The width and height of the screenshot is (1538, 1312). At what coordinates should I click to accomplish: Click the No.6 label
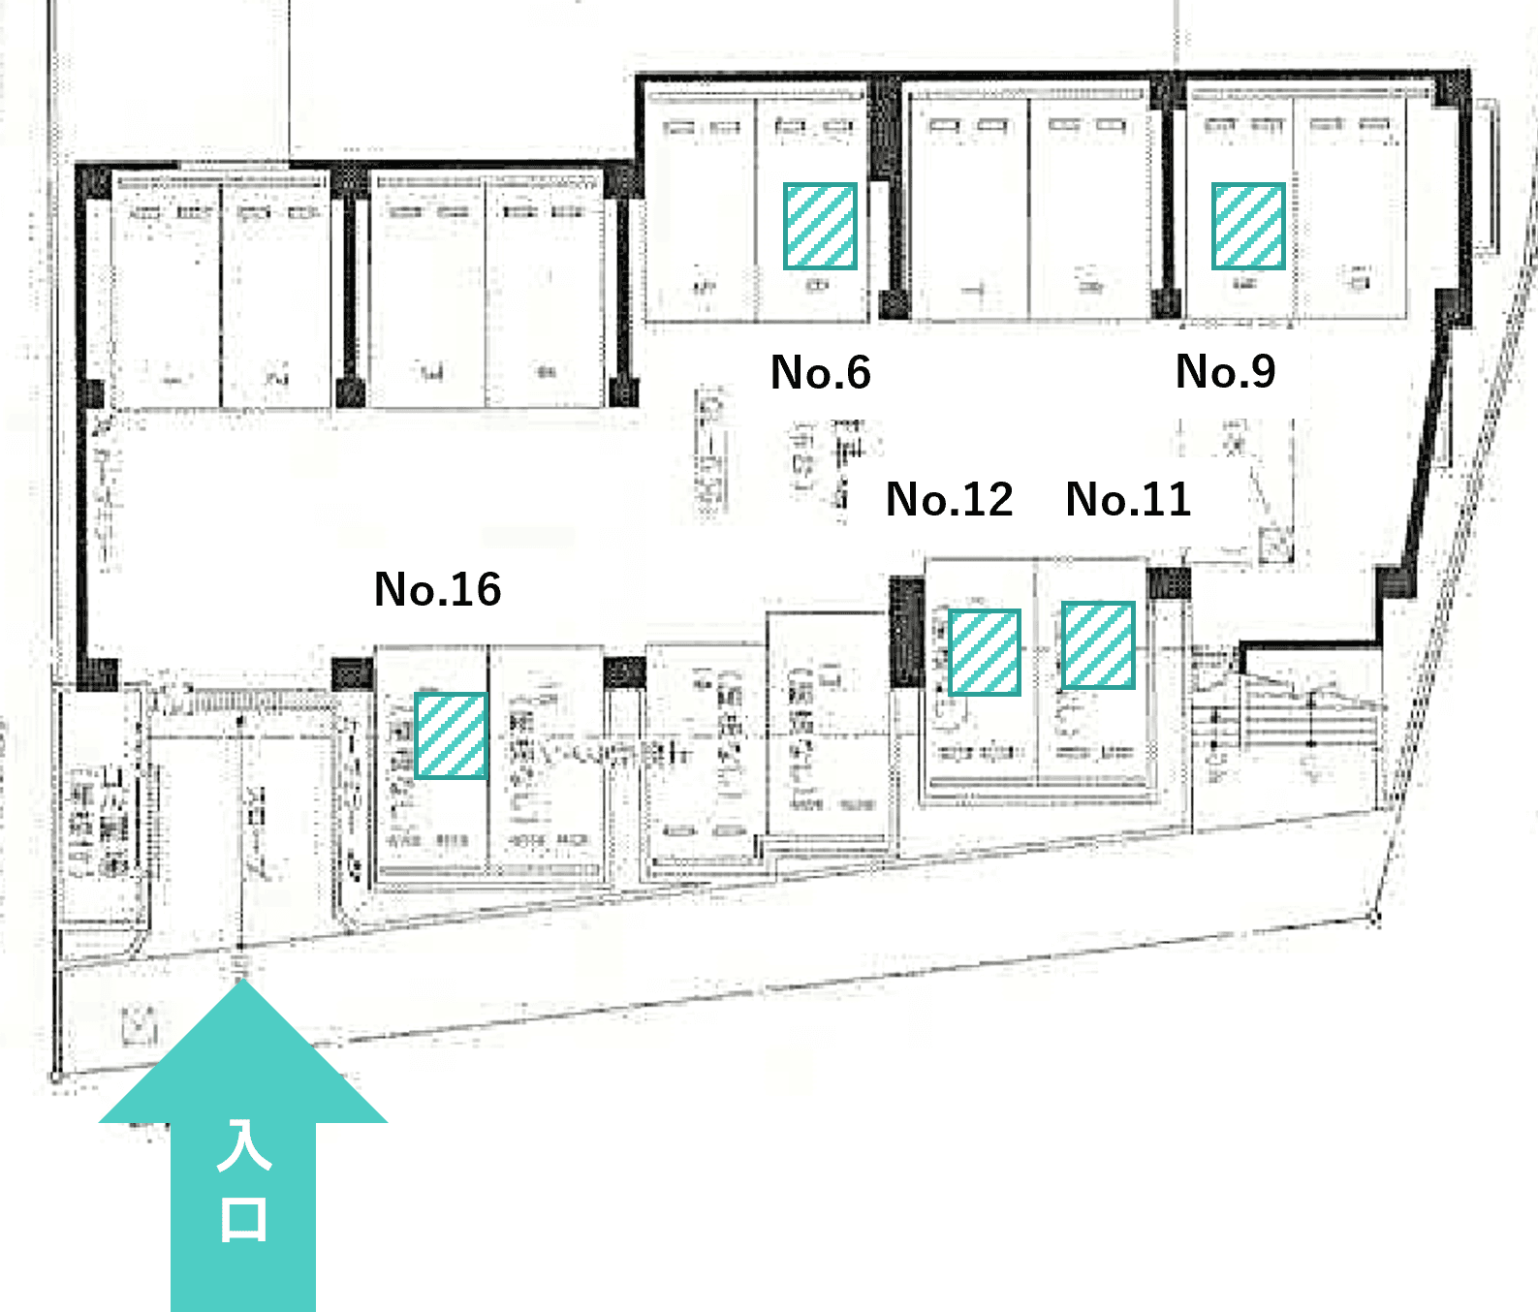[820, 373]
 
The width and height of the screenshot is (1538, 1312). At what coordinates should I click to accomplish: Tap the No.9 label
[1225, 371]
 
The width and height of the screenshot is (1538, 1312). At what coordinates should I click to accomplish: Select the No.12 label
[949, 500]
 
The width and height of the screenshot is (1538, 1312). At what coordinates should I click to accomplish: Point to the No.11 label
[1128, 500]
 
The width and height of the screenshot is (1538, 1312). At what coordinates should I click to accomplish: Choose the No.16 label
[437, 589]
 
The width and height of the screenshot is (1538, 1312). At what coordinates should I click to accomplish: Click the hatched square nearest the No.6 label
[820, 226]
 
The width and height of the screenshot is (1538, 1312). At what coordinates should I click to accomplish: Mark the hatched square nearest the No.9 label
[1248, 226]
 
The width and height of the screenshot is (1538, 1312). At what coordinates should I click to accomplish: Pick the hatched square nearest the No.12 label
[984, 652]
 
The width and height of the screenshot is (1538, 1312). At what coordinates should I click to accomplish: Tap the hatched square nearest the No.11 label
[1098, 645]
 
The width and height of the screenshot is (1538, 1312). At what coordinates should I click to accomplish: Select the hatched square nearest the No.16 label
[451, 735]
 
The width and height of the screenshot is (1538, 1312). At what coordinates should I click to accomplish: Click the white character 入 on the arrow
[243, 1145]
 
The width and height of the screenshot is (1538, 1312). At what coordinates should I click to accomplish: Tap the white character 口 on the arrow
[243, 1219]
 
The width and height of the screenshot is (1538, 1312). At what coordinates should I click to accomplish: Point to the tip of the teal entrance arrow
[242, 983]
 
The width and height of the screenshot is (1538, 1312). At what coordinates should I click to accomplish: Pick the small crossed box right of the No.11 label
[1274, 546]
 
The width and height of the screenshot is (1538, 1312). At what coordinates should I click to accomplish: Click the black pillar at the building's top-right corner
[1452, 88]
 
